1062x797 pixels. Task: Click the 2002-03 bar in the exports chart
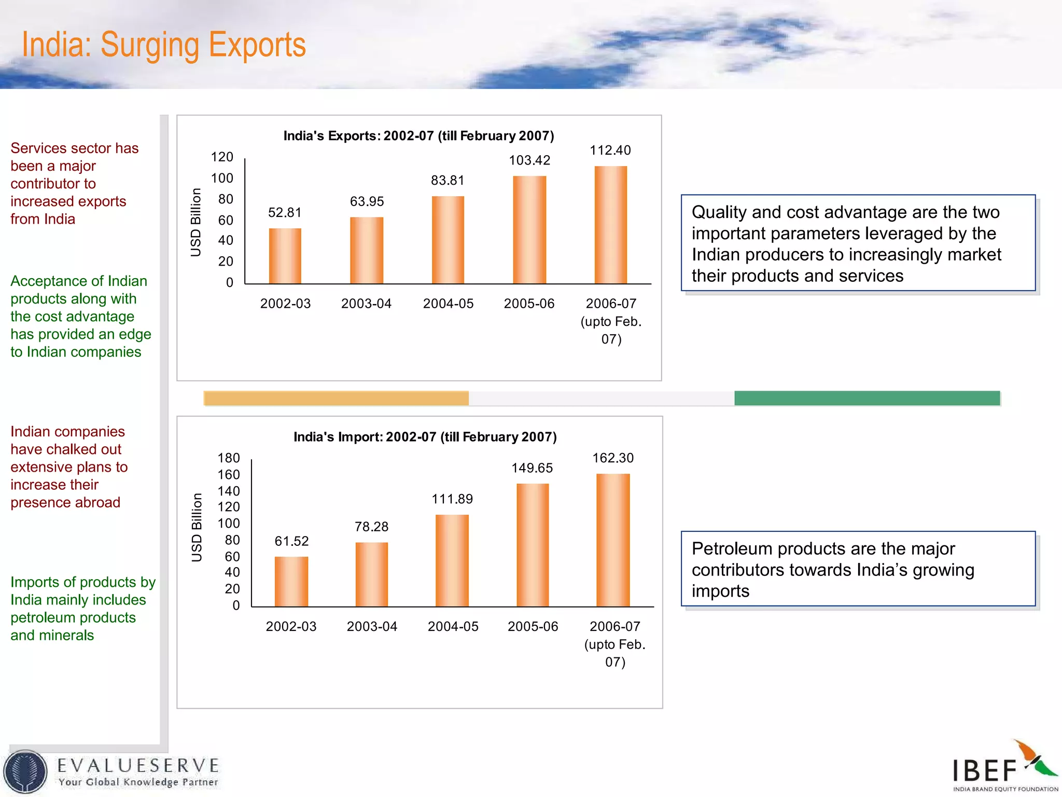pos(285,256)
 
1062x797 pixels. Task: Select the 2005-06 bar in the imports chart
pos(533,545)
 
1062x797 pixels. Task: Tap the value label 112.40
pos(610,150)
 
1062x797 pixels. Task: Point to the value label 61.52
pos(291,541)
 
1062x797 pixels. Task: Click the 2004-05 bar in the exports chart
pos(448,240)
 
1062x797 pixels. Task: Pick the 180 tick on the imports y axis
pos(229,458)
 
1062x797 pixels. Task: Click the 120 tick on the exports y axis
pos(222,157)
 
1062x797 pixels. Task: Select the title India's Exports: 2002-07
pos(418,136)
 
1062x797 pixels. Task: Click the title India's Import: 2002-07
pos(425,437)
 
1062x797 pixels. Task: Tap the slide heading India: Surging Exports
pos(164,45)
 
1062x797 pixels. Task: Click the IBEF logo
pos(1004,767)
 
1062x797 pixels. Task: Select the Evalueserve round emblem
pos(25,772)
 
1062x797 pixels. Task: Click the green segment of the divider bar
pos(867,398)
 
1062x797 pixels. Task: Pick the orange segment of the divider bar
pos(336,398)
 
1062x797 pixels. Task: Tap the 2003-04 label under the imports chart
pos(372,627)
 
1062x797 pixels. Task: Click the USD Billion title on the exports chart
pos(195,222)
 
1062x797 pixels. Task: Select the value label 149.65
pos(532,468)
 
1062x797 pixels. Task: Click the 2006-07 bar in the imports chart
pos(613,540)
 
